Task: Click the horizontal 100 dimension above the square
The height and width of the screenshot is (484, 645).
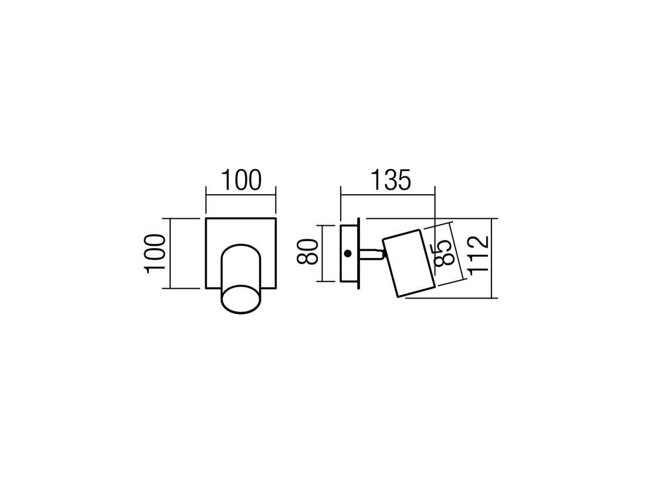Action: click(x=242, y=180)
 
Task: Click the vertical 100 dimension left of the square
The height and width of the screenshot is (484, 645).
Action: click(x=155, y=253)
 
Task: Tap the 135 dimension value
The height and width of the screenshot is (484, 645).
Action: click(x=391, y=180)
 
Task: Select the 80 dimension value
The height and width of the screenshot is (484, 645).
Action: click(x=307, y=252)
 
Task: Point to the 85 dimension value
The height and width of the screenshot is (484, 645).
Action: click(x=443, y=252)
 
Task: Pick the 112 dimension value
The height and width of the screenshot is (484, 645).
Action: click(x=478, y=253)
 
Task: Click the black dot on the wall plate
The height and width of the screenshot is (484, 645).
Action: click(x=348, y=253)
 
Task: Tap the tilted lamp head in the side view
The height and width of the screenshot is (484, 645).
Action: click(x=409, y=263)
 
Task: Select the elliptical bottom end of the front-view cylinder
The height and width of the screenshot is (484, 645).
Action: click(x=241, y=299)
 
